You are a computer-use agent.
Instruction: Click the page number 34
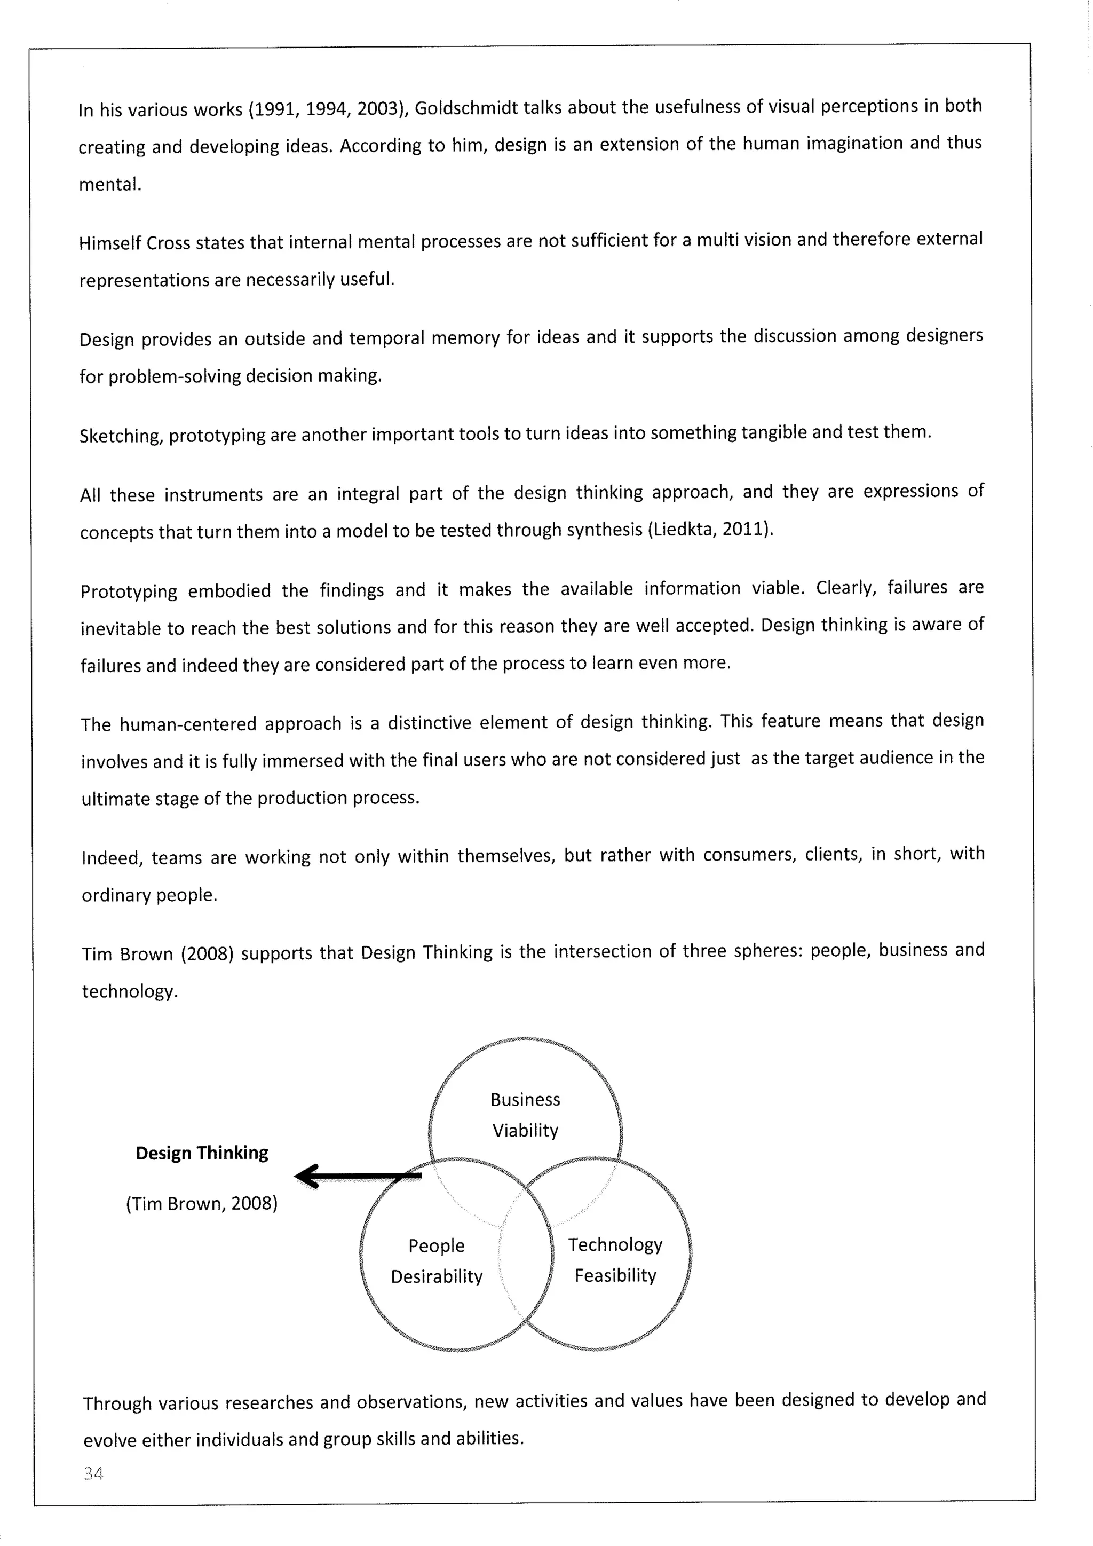93,1473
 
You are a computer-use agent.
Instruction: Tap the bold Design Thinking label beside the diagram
202,1153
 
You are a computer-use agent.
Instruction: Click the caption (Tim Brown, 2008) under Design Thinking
202,1203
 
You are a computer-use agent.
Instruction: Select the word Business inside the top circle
525,1100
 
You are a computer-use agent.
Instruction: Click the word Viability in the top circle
525,1131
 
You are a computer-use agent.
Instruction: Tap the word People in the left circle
436,1245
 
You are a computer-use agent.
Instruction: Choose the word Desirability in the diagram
437,1276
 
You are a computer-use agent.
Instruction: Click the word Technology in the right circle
615,1244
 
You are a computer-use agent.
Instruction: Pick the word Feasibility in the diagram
615,1275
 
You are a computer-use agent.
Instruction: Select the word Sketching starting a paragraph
121,436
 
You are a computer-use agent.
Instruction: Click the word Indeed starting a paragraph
112,858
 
